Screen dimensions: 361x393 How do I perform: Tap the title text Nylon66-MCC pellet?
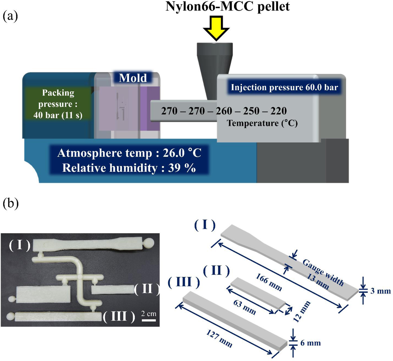click(x=227, y=6)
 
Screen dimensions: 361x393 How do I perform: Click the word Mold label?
click(x=133, y=78)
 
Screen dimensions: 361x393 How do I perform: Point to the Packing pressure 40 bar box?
click(x=58, y=104)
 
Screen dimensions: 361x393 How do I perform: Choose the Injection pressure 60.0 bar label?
click(x=284, y=87)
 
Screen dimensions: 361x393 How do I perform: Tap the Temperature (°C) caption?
click(x=262, y=123)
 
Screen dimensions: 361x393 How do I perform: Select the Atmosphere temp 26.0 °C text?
click(x=129, y=153)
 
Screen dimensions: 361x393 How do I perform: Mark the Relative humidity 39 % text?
click(x=129, y=168)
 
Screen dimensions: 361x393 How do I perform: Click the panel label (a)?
click(x=10, y=16)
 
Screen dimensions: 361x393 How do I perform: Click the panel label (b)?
click(x=11, y=204)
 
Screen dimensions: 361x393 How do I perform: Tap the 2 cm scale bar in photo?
click(x=149, y=320)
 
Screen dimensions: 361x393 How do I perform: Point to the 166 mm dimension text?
click(x=269, y=282)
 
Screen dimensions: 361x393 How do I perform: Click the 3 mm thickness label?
click(x=380, y=291)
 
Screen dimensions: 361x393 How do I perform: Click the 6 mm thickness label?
click(x=311, y=343)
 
